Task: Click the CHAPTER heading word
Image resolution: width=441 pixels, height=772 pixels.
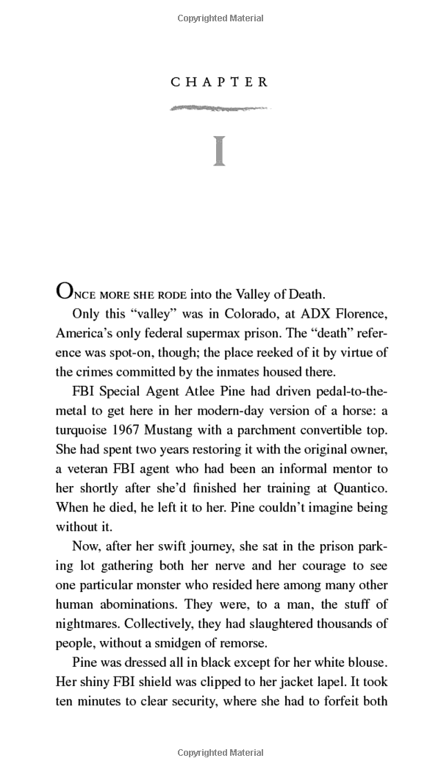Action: [220, 82]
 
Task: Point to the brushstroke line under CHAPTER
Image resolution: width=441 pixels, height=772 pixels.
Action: [220, 109]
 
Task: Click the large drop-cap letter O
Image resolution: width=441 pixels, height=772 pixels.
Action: [65, 292]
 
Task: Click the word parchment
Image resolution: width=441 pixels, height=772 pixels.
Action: [279, 429]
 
